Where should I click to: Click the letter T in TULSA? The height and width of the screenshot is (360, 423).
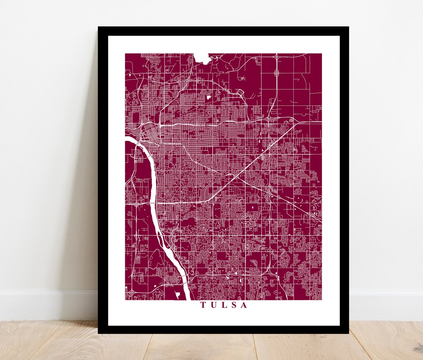[204, 305]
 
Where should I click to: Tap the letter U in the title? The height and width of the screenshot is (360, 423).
[214, 305]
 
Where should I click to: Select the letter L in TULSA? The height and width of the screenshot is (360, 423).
[224, 305]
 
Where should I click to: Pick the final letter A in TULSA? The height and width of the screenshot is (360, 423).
[244, 305]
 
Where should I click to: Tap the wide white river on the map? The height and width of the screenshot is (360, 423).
[152, 184]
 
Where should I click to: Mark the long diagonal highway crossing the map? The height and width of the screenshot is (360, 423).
[251, 165]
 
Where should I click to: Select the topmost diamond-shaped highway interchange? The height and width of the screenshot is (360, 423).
[277, 58]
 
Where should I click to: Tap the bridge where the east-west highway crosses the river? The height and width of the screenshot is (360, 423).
[153, 203]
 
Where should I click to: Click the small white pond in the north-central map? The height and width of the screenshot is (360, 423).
[208, 96]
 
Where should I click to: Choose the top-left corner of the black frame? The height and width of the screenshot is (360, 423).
[99, 27]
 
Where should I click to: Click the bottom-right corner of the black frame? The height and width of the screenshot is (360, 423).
[348, 333]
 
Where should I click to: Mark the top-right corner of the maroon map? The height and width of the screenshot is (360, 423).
[321, 54]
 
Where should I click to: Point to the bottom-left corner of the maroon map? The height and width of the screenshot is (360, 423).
[126, 300]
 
